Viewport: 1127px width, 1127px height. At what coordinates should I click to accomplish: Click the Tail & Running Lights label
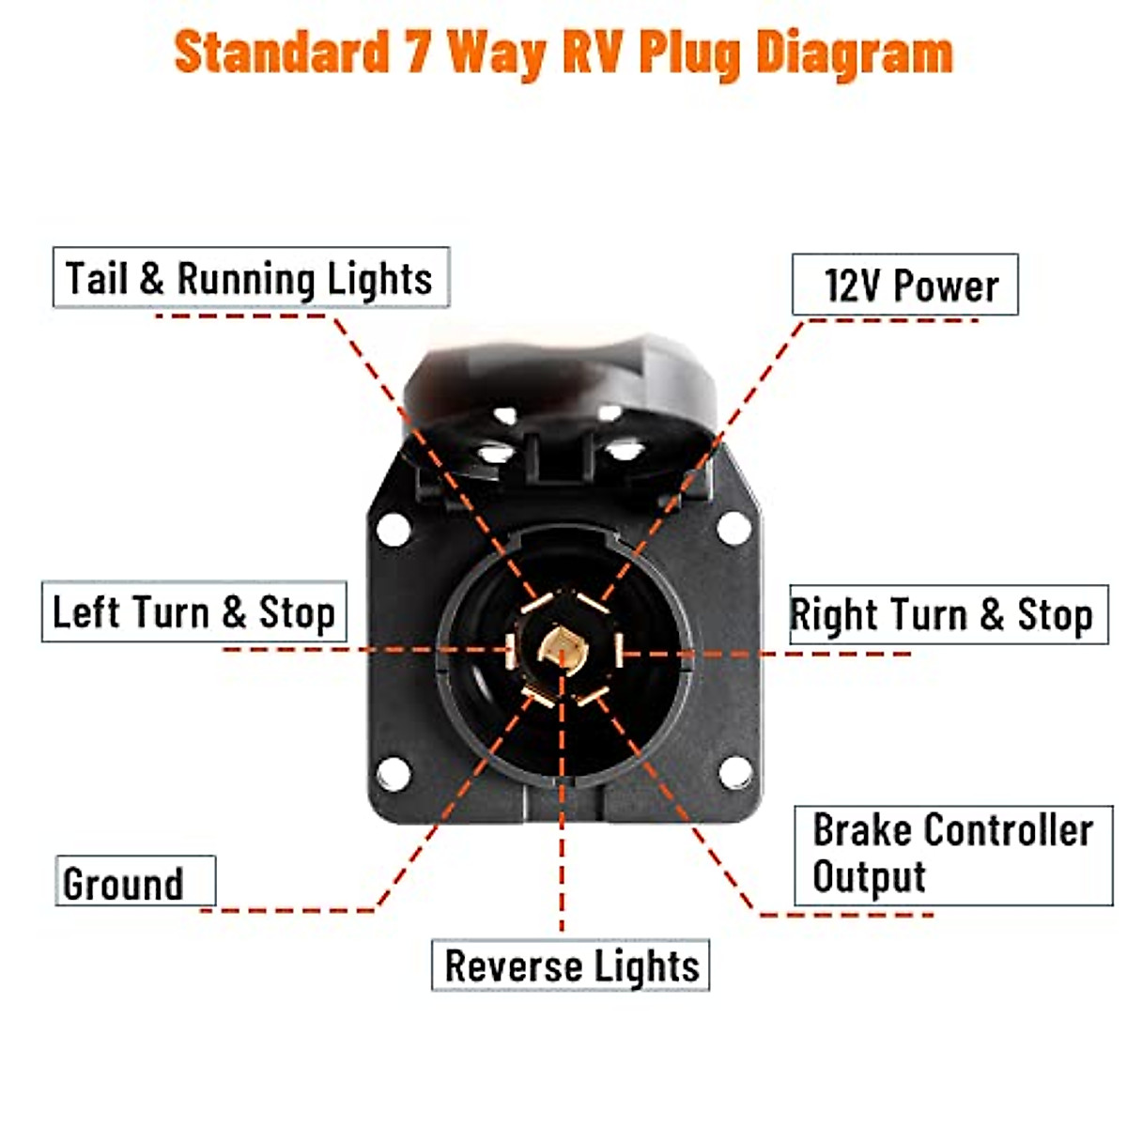[x=251, y=278]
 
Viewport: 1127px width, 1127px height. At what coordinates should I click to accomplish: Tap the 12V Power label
[x=909, y=286]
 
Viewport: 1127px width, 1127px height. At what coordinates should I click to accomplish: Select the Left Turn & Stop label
[x=193, y=612]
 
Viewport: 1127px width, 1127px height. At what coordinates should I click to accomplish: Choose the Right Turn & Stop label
[x=942, y=615]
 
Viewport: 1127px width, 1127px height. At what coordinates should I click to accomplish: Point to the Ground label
[x=124, y=883]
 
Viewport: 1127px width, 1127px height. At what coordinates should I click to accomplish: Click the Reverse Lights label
[x=571, y=965]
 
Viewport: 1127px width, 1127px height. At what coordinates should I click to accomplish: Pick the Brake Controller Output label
[x=952, y=854]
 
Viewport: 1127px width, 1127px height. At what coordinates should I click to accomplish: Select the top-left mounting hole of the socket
[x=394, y=529]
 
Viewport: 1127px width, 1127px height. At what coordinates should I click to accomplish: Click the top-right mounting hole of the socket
[x=733, y=528]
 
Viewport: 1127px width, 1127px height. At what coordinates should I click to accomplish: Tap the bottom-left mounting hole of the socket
[x=394, y=773]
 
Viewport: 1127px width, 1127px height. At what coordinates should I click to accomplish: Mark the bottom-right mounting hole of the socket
[x=734, y=772]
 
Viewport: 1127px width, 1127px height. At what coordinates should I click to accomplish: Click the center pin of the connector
[x=562, y=649]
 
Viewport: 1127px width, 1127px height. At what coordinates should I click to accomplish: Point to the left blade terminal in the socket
[x=510, y=650]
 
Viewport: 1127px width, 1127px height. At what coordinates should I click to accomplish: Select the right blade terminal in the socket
[x=618, y=650]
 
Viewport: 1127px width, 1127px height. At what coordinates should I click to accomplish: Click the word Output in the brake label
[x=869, y=877]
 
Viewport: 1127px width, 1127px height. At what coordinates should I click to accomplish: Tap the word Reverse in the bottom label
[x=513, y=965]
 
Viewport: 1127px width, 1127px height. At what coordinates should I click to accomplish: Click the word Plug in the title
[x=690, y=53]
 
